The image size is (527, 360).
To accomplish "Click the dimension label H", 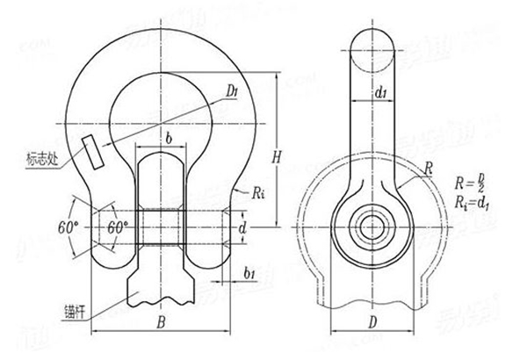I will [x=276, y=157].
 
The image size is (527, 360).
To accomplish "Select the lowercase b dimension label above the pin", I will [x=167, y=138].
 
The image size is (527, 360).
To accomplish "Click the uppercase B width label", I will [x=161, y=322].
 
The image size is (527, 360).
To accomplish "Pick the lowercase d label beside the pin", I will [x=243, y=229].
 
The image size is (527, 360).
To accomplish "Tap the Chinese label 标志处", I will [x=41, y=160].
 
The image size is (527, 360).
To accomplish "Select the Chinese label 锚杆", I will [x=74, y=309].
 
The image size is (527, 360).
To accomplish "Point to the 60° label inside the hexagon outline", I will [x=118, y=227].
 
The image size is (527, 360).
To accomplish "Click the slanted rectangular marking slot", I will [x=90, y=150].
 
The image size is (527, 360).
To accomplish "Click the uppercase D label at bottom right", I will [x=372, y=322].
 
